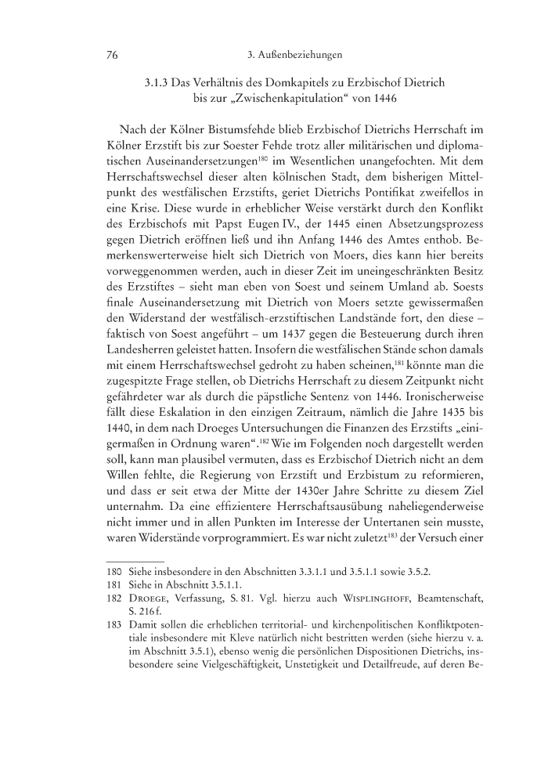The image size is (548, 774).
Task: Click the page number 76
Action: coord(111,56)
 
